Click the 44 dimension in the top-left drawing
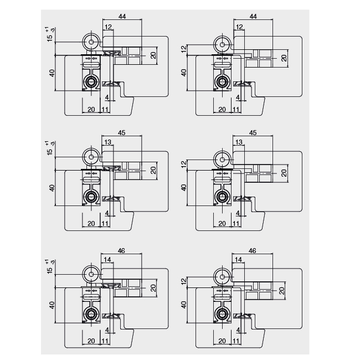pos(122,17)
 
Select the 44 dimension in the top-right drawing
pos(254,17)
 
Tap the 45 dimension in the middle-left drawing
pos(121,132)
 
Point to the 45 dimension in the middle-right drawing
pos(253,132)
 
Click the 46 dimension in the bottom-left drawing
pos(121,251)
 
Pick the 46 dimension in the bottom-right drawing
pos(253,251)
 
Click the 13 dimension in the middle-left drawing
pos(107,142)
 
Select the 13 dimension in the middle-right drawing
pos(239,142)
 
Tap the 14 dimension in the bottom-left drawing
pos(107,260)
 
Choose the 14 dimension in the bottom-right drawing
pos(239,260)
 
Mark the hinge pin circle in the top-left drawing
pos(90,42)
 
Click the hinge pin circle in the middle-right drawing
pos(222,159)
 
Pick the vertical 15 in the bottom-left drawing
pos(50,272)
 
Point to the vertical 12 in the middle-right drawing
pos(184,163)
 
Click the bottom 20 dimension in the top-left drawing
pos(91,109)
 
